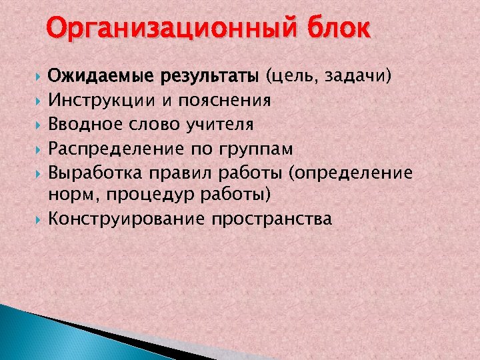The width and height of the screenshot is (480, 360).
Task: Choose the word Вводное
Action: click(86, 125)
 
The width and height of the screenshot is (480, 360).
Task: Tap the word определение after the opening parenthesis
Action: click(354, 173)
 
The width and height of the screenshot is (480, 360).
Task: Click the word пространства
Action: click(272, 219)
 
